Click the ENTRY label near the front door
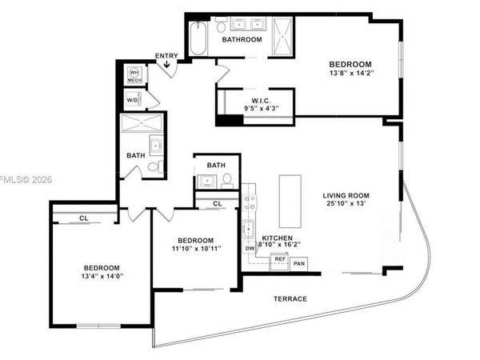[166, 56]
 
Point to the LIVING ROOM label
[350, 195]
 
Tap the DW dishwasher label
[250, 248]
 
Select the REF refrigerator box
[280, 259]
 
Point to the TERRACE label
[288, 298]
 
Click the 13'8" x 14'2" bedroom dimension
[350, 74]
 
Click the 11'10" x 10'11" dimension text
[195, 249]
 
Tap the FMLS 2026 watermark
[25, 179]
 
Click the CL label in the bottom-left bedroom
[83, 218]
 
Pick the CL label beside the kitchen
[218, 205]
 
